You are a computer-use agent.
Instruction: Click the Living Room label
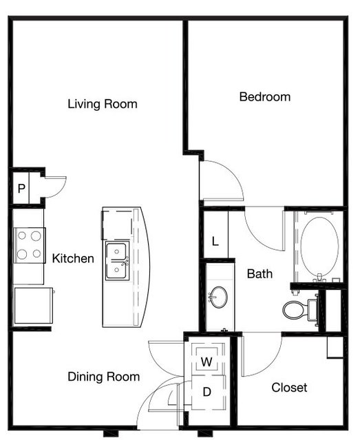(103, 104)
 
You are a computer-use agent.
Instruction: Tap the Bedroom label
(265, 97)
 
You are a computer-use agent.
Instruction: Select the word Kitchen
(73, 258)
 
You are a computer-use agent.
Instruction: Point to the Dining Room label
(103, 377)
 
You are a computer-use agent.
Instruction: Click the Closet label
(289, 388)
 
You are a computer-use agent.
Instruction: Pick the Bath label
(260, 273)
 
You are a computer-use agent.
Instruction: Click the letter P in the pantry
(21, 189)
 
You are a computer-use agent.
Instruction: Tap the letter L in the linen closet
(215, 241)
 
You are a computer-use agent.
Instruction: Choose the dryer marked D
(207, 392)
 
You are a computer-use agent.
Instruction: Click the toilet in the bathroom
(300, 310)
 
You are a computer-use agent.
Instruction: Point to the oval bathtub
(319, 247)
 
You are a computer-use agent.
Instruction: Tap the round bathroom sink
(218, 297)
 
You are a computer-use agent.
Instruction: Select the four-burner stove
(30, 245)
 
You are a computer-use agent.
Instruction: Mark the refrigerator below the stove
(34, 305)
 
